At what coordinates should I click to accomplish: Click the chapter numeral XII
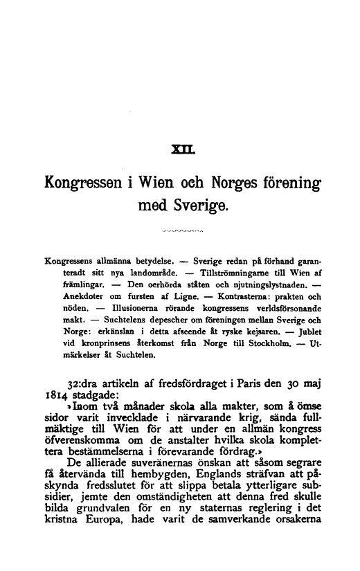tap(181, 147)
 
